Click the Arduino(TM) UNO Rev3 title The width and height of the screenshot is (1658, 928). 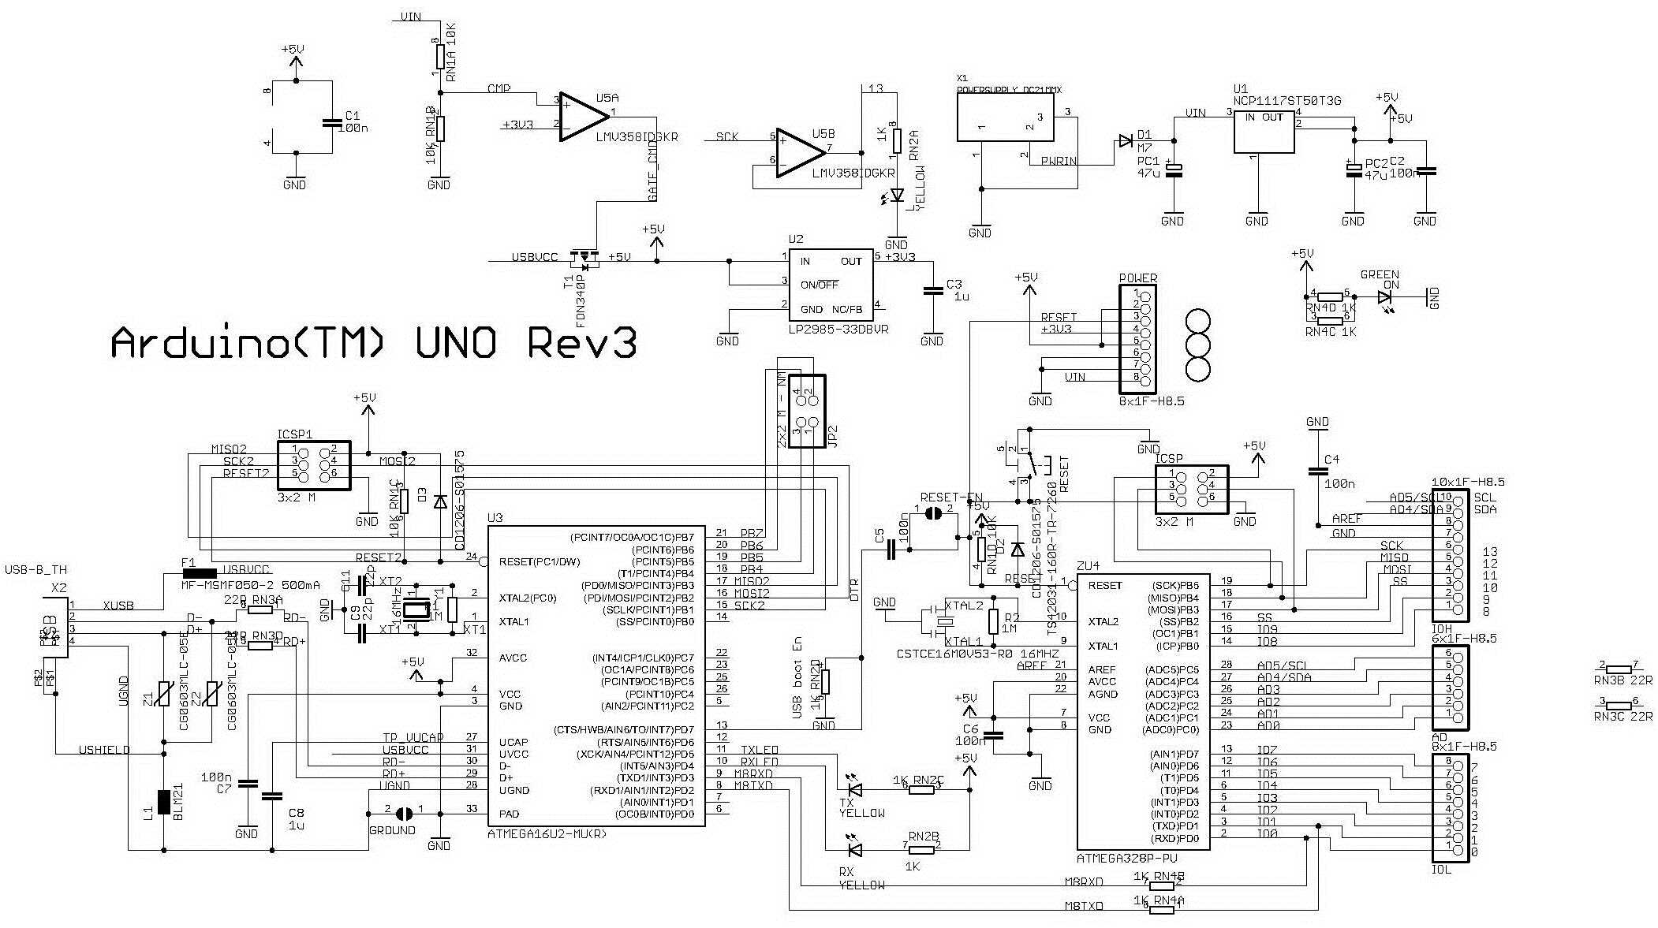tap(373, 345)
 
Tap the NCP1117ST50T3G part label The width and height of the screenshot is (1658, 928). tap(1286, 101)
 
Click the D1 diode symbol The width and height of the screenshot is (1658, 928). tap(1126, 142)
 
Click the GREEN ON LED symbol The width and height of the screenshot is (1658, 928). tap(1385, 298)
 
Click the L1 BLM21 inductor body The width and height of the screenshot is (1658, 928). tap(164, 802)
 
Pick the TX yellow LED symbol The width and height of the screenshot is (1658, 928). tap(853, 789)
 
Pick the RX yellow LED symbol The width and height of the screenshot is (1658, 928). tap(853, 850)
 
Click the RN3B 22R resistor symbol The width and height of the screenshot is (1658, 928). tap(1619, 669)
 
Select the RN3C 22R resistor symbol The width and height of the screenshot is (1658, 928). tap(1619, 706)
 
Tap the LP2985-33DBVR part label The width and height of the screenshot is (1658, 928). tap(838, 330)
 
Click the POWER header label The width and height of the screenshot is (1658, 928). tap(1137, 278)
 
